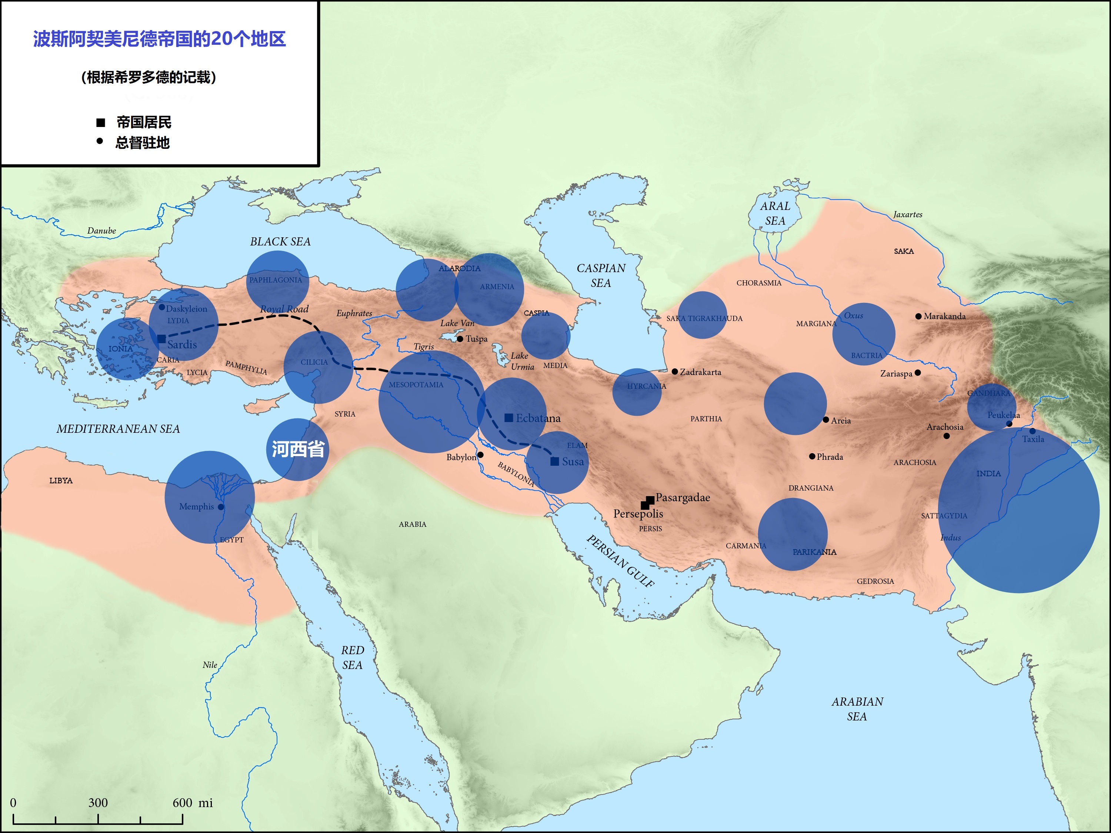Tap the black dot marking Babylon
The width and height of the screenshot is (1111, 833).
[x=480, y=455]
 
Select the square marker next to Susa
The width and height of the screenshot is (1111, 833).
[x=554, y=461]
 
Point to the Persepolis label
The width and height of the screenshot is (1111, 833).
[x=638, y=513]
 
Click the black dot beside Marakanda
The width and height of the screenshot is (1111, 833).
[x=918, y=316]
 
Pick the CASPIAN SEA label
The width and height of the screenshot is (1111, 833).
[x=601, y=275]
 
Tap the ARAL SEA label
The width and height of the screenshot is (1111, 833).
[x=775, y=213]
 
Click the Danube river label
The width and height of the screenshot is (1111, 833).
[x=101, y=231]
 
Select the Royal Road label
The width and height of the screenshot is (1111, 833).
[x=284, y=309]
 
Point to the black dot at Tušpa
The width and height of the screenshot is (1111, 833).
[x=460, y=339]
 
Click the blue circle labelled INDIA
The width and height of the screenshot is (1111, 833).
[x=1018, y=510]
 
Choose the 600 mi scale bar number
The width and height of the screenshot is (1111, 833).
[x=182, y=802]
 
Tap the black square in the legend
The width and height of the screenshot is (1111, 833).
[x=100, y=123]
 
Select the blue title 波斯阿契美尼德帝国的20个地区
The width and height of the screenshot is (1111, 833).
[x=159, y=39]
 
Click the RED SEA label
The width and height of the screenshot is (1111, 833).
[x=352, y=657]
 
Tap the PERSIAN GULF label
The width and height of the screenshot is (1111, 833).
[x=621, y=561]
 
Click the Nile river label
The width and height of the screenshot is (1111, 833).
[x=210, y=665]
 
